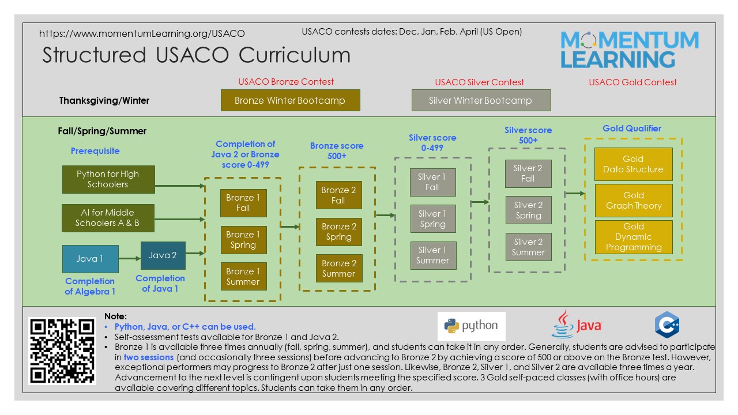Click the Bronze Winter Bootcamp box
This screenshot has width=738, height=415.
[x=290, y=100]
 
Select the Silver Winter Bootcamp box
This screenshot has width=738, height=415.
[x=481, y=100]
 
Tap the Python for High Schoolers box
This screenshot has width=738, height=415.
[x=108, y=179]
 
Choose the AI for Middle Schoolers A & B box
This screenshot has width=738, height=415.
[x=107, y=218]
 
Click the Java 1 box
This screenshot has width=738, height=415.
[x=90, y=259]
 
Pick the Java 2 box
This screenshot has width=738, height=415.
[x=163, y=255]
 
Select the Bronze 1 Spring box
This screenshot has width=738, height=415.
[x=243, y=240]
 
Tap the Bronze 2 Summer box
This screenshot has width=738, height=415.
[x=339, y=269]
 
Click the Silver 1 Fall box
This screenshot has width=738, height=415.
[x=432, y=182]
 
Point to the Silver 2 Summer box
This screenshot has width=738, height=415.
[x=528, y=247]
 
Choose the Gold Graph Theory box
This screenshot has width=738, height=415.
[x=634, y=201]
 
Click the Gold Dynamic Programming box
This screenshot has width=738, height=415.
[x=634, y=237]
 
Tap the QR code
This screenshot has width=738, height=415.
[x=62, y=351]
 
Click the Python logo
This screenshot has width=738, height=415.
[x=471, y=326]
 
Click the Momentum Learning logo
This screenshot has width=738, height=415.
[x=629, y=50]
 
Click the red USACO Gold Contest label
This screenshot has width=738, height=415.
[x=632, y=82]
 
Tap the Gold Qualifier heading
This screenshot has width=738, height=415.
[x=632, y=129]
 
